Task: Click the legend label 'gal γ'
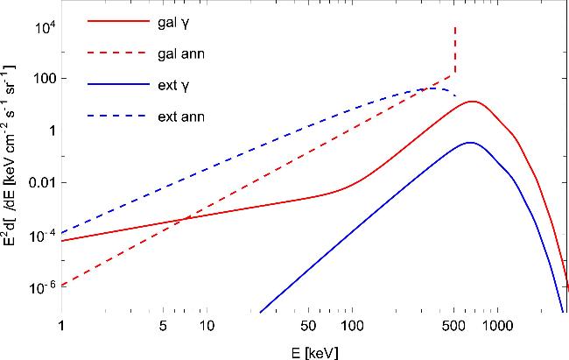point(173,24)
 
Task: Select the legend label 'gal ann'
point(181,54)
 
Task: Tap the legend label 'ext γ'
point(173,86)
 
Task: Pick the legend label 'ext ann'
point(181,116)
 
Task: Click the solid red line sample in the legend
point(118,21)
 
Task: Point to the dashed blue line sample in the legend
point(118,116)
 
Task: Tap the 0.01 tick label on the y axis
point(44,182)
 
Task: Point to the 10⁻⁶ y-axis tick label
point(45,286)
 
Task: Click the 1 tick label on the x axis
point(61,326)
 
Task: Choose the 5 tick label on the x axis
point(163,326)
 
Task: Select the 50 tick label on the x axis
point(308,326)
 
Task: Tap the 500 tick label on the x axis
point(453,326)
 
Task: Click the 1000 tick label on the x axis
point(497,326)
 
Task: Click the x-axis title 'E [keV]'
point(314,353)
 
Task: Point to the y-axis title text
point(10,156)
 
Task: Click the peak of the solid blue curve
point(470,143)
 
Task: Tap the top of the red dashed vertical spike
point(455,26)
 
